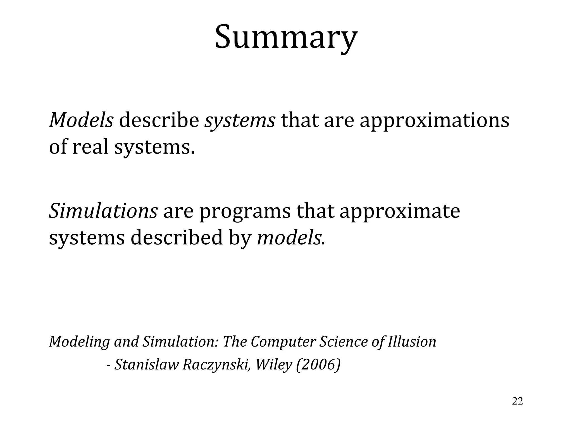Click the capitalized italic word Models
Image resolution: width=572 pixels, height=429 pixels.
81,120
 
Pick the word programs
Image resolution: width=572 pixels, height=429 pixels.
245,212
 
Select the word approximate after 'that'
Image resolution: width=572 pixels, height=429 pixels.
400,212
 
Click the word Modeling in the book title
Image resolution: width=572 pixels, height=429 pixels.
79,342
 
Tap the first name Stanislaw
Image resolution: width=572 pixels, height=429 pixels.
146,364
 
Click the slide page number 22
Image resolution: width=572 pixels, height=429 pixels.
517,401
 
